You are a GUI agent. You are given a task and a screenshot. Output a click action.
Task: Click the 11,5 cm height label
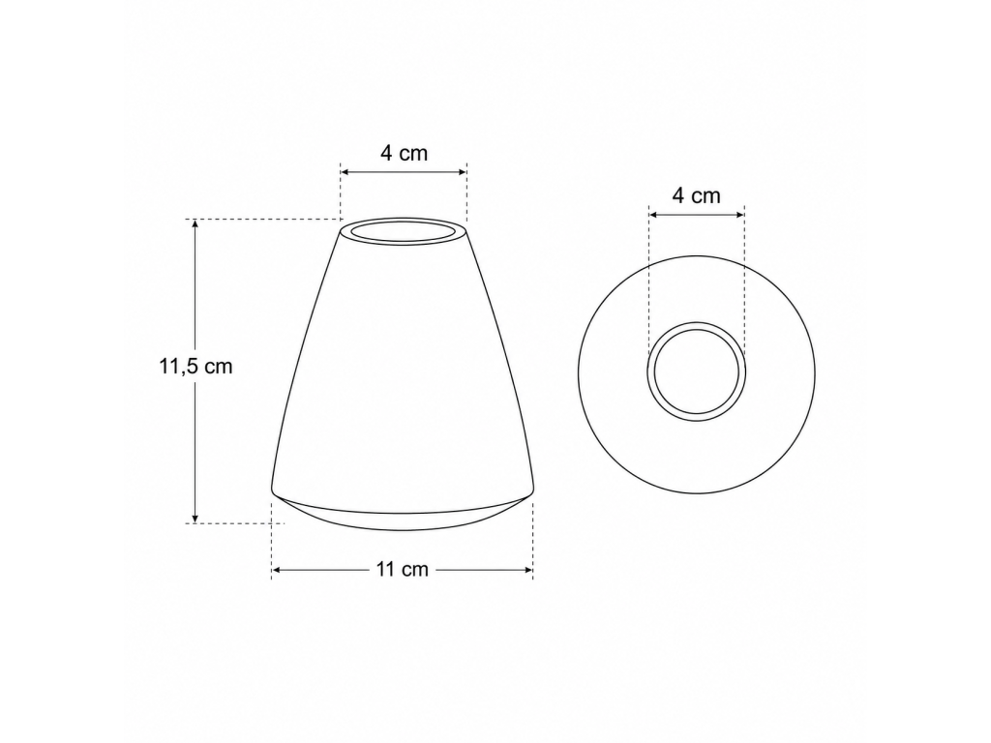pos(195,366)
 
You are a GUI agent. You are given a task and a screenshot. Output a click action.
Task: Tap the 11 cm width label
pos(403,569)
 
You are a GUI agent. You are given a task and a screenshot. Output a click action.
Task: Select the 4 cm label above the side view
pos(404,153)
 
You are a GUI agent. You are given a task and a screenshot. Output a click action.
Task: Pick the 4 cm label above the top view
pos(697,195)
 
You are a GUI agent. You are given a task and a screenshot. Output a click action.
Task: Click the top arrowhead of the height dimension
pos(195,224)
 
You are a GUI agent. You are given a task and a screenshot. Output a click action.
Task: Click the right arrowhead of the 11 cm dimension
pos(527,570)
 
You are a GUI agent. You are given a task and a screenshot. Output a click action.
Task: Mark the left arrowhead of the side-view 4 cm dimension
pos(346,172)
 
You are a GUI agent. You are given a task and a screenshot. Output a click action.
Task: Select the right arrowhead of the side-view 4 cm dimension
pos(461,172)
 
